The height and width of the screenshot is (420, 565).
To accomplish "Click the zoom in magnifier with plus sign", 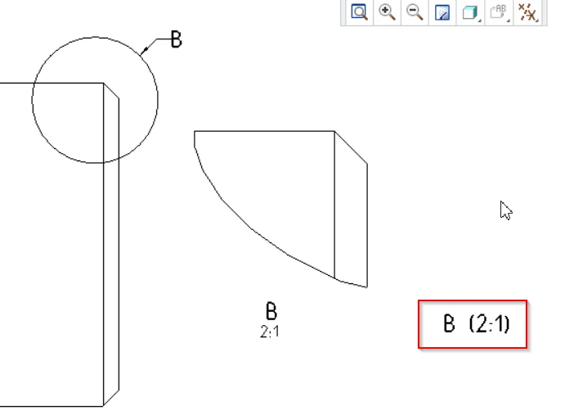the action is pyautogui.click(x=387, y=12).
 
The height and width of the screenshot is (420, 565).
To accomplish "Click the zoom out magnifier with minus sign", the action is pyautogui.click(x=415, y=12).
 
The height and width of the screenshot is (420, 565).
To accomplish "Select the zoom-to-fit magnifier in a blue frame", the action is pyautogui.click(x=359, y=12).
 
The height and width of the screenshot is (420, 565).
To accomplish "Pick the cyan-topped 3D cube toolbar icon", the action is pyautogui.click(x=470, y=12).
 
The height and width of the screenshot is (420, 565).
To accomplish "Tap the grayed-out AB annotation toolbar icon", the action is pyautogui.click(x=499, y=11).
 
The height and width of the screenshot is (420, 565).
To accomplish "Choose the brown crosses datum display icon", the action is pyautogui.click(x=527, y=12).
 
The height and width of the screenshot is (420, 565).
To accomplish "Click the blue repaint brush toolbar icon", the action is pyautogui.click(x=442, y=12).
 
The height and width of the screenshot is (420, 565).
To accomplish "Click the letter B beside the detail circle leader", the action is pyautogui.click(x=176, y=39).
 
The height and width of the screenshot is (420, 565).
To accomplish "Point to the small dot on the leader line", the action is pyautogui.click(x=146, y=49).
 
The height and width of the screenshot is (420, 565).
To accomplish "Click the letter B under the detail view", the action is pyautogui.click(x=271, y=311).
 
